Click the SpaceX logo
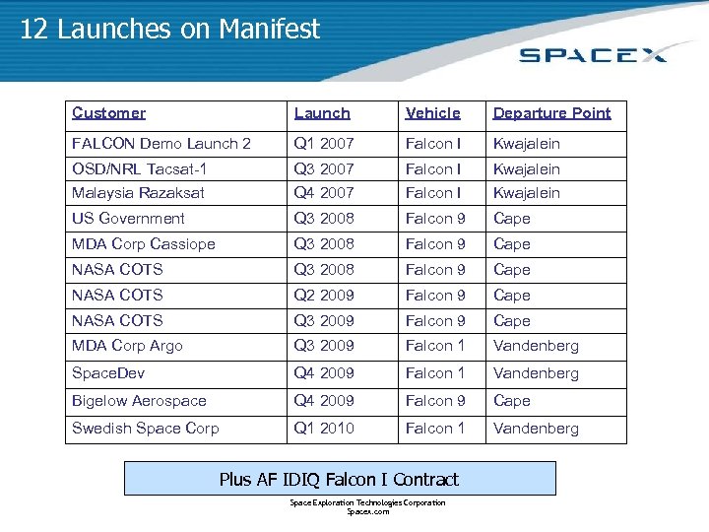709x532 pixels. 593,53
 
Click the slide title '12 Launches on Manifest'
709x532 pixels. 169,30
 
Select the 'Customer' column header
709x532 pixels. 108,113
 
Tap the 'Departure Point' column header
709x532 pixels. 551,113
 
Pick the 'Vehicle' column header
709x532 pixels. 432,113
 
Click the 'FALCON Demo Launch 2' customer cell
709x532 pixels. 161,144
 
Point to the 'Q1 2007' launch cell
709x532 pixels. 323,144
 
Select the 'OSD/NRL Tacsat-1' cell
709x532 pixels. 139,169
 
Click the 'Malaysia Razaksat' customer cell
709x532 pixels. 138,193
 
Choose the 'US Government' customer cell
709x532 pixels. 128,219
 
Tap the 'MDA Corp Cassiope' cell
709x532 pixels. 143,244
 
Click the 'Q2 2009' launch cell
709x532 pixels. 323,296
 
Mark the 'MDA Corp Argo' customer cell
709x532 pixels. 127,346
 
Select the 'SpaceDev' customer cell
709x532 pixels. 108,373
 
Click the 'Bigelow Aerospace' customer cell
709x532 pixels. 139,401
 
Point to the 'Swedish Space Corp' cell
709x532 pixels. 145,429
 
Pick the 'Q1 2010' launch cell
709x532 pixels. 323,429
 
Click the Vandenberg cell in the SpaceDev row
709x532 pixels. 536,373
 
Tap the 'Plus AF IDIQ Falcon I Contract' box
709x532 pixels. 339,480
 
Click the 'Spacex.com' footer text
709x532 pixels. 367,512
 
